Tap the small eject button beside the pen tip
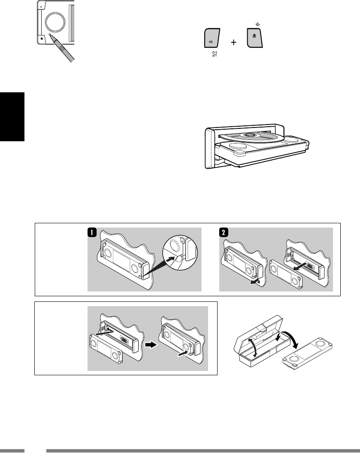41,38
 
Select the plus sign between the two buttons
233,43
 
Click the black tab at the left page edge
12,116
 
